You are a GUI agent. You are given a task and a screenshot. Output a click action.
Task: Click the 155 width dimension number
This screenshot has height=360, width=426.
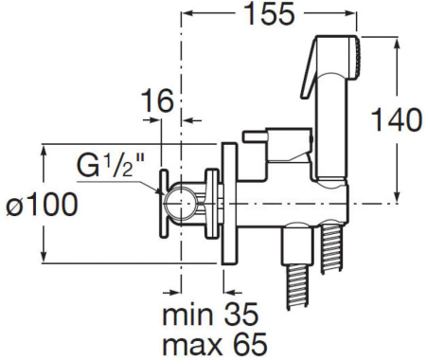[269, 14]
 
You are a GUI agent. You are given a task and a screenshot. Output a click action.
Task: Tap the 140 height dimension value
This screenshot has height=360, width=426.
[397, 119]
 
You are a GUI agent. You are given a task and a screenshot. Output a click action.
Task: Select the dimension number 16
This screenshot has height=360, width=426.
[157, 100]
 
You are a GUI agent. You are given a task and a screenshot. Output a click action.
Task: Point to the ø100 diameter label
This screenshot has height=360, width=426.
[42, 204]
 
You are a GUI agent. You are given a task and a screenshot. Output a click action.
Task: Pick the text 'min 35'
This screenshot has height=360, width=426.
[210, 315]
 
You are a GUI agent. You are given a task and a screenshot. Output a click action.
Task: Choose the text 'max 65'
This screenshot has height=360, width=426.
[215, 343]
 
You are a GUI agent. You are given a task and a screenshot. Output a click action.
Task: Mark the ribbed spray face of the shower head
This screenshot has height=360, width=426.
[358, 58]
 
